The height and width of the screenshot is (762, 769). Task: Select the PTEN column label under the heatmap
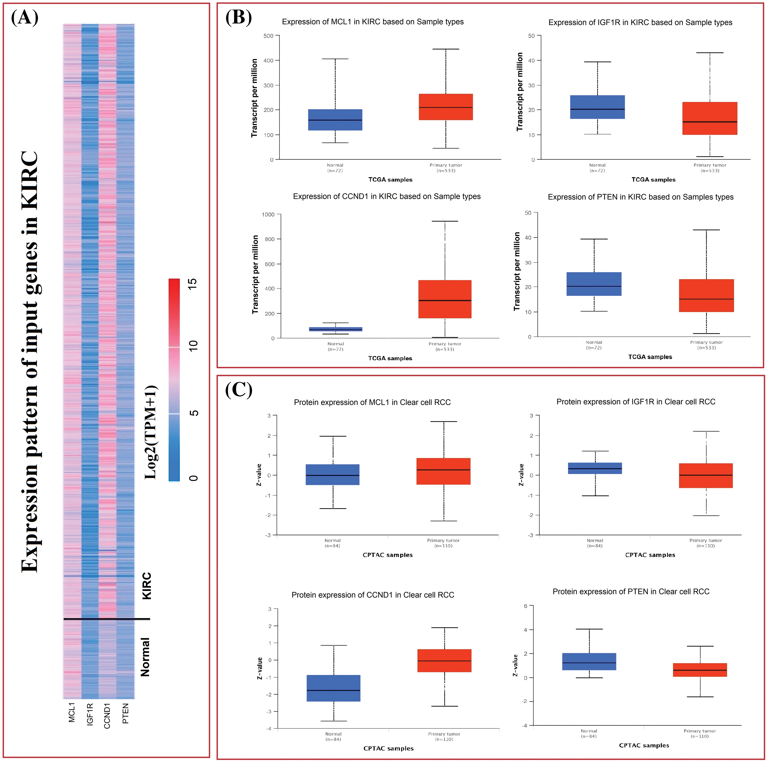[x=125, y=713]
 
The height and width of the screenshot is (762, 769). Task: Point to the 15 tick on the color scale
[x=193, y=284]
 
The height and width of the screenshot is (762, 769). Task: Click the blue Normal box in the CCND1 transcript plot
[x=336, y=329]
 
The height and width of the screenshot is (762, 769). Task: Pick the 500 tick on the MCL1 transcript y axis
[x=269, y=36]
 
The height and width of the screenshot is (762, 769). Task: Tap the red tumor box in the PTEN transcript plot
[x=706, y=295]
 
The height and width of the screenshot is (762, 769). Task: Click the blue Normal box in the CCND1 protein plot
[x=333, y=688]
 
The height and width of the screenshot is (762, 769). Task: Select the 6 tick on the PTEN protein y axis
[x=525, y=606]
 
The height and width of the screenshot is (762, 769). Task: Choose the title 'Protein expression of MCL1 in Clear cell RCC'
[x=372, y=402]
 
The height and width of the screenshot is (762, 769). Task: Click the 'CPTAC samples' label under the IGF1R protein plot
[x=650, y=555]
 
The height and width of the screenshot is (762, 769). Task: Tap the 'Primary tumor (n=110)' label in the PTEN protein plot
[x=700, y=733]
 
